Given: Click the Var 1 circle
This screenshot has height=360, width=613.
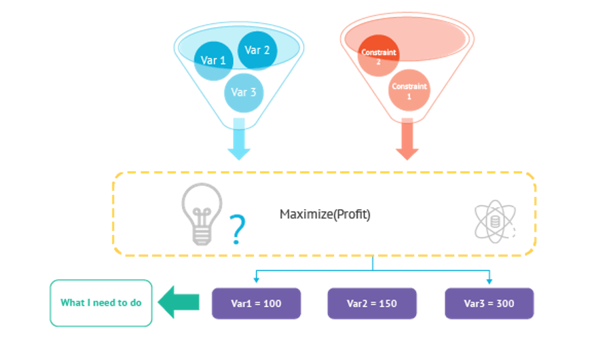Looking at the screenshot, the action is (213, 61).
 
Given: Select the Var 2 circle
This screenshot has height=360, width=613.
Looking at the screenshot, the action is (257, 50).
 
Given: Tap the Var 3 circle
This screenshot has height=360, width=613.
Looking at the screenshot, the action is (244, 93).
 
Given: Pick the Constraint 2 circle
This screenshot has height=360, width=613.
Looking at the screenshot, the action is (378, 56).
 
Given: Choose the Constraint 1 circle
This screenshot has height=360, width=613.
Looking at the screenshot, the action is (409, 90).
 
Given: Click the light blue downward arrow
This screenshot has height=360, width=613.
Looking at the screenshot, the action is (239, 139).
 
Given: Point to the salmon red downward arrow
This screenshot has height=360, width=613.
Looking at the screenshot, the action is (407, 139).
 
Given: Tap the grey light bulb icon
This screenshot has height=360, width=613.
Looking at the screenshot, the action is (202, 214).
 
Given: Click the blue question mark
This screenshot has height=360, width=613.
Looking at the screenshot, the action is (237, 230).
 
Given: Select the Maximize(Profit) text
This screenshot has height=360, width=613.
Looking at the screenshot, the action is (325, 215).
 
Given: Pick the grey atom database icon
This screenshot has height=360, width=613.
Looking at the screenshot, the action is (495, 221).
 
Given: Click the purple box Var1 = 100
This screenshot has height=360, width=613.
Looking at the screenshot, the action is (257, 304).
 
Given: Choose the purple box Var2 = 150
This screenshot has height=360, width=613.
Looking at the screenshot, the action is (372, 304).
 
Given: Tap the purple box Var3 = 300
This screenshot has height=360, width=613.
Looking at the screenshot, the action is (489, 304).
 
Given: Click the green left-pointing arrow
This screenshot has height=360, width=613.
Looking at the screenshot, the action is (179, 302).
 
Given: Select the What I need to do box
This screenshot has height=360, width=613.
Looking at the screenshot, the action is (101, 303).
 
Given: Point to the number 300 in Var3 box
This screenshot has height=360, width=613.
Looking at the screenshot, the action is (505, 304).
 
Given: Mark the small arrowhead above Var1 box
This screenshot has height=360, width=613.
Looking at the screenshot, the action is (257, 280).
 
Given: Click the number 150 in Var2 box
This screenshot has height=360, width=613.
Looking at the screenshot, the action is (388, 304).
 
